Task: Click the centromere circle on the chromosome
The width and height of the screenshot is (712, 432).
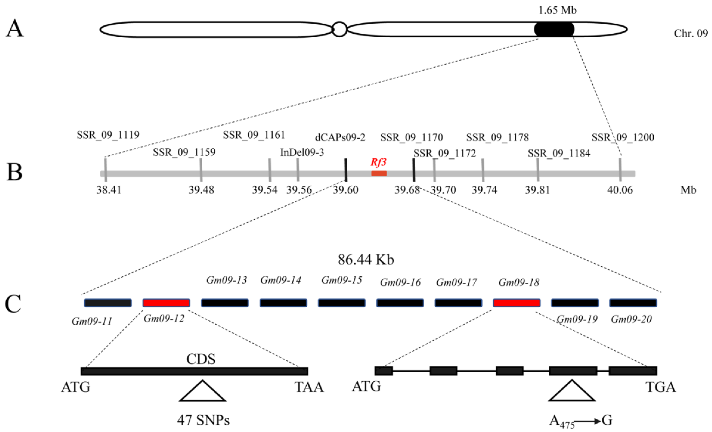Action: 340,29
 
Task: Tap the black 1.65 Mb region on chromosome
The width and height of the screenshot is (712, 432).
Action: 554,29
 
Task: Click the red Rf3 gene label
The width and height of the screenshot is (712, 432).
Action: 378,162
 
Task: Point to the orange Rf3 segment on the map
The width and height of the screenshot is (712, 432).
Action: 379,173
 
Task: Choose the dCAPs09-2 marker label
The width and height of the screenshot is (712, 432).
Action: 340,137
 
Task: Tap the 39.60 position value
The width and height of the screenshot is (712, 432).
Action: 346,190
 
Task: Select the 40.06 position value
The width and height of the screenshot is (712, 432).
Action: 620,190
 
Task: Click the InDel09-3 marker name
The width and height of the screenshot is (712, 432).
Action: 302,152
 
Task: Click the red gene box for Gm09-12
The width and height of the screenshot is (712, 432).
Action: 166,303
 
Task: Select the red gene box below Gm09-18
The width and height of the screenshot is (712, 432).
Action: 517,303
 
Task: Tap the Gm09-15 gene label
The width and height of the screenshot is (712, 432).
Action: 342,280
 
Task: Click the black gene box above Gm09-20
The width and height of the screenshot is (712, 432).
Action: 633,303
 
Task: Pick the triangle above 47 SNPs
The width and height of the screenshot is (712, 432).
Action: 202,392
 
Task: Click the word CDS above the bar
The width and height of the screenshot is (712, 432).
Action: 201,359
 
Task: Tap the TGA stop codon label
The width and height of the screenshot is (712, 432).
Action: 661,387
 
